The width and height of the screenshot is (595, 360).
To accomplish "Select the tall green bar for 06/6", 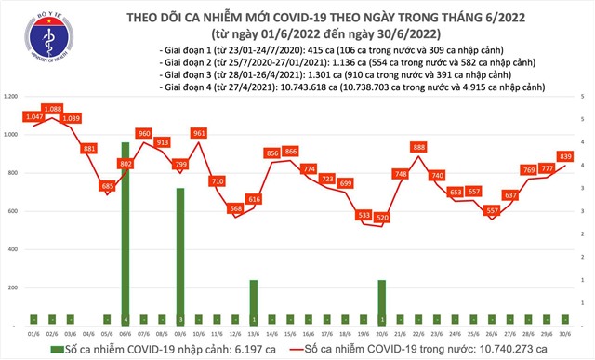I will click(x=125, y=233).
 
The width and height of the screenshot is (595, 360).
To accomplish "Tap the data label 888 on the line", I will click(x=418, y=147).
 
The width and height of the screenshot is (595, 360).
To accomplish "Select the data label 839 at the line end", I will click(x=565, y=156).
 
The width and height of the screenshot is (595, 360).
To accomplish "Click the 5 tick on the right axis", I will click(x=582, y=97).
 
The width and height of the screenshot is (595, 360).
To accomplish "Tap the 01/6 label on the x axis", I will click(x=33, y=331).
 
